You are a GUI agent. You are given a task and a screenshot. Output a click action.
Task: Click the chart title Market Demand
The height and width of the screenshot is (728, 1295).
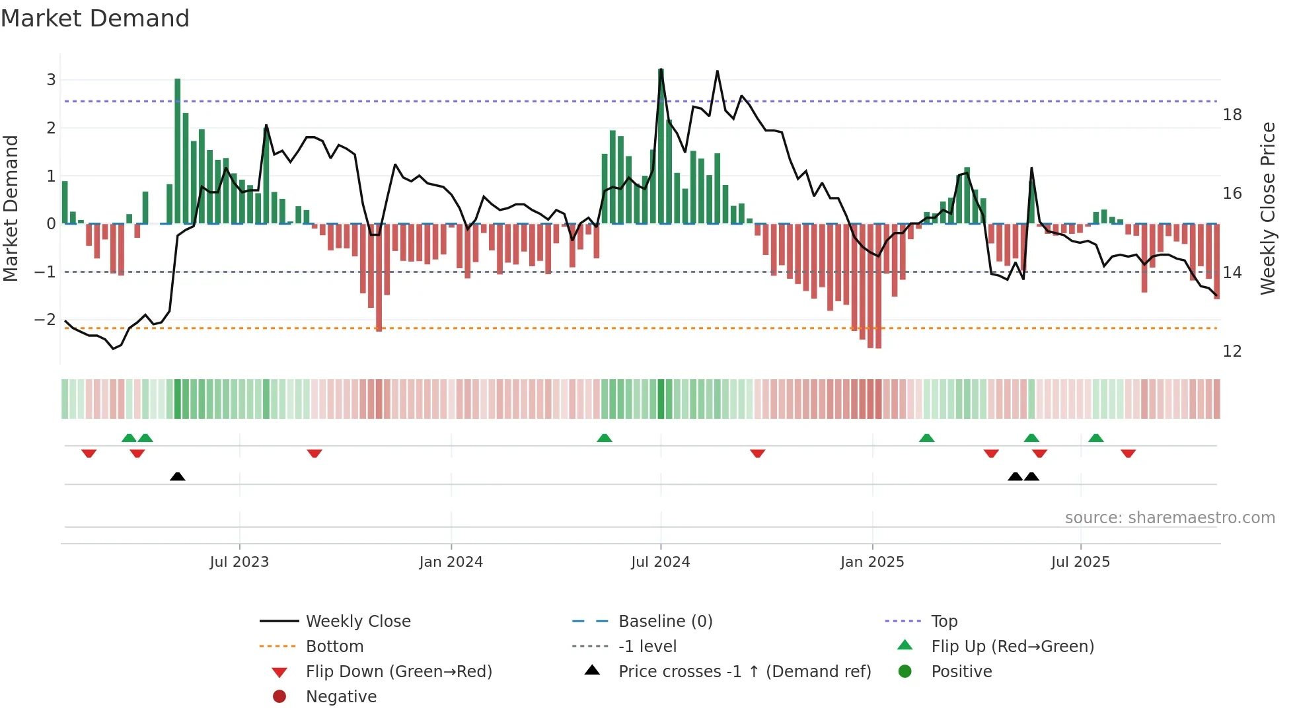(95, 18)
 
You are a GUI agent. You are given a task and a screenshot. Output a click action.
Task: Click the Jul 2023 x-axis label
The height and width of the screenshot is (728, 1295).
(239, 562)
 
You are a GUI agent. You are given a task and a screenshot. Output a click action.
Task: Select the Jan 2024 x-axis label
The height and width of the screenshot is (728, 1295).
(451, 562)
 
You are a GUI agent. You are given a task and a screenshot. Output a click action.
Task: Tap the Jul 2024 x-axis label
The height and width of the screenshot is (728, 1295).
(660, 562)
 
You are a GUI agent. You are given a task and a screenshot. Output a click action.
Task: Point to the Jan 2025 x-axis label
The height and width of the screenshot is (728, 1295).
(872, 562)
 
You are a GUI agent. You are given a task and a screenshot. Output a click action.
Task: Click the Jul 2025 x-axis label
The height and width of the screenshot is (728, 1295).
(1080, 562)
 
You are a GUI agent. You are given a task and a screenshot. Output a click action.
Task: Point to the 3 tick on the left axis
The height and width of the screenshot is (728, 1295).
(51, 80)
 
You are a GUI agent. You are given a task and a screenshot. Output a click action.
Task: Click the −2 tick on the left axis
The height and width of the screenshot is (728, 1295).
(46, 320)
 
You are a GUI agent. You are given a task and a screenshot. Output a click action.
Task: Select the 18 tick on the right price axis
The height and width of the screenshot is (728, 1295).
(1232, 115)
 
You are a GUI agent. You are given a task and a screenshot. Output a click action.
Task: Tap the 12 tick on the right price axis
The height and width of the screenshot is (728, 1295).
(1232, 351)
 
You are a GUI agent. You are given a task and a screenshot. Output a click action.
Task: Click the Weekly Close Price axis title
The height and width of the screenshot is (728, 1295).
(1267, 208)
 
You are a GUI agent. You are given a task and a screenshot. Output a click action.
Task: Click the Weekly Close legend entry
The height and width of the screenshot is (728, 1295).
(357, 622)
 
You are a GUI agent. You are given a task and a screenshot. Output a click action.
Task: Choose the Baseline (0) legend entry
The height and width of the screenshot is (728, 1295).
(665, 622)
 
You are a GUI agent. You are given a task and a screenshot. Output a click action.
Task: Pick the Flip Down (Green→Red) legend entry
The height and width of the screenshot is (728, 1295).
(398, 672)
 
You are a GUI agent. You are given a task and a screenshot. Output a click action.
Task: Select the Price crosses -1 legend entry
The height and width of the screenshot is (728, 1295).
(744, 672)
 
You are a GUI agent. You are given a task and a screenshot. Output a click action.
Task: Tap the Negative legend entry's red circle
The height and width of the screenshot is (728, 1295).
(279, 697)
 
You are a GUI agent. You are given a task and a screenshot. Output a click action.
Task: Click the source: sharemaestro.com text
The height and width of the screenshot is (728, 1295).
(1169, 518)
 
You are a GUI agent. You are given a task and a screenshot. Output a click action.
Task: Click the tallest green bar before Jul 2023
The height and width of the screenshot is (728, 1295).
(177, 152)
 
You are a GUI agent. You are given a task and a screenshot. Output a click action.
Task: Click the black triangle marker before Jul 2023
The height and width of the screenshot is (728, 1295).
(177, 476)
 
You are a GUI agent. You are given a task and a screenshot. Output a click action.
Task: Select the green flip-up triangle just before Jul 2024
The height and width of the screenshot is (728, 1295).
(604, 438)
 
